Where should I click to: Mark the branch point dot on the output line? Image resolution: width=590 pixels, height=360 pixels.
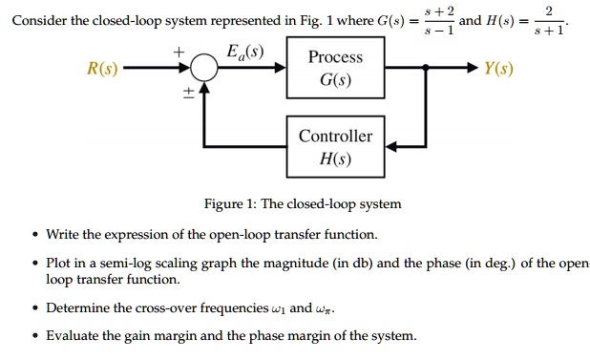[x=426, y=70]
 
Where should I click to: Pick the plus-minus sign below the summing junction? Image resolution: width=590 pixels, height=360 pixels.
[x=188, y=92]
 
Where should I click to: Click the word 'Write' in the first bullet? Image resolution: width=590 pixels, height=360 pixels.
[x=65, y=234]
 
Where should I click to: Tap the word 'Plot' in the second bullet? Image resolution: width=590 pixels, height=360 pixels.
[x=60, y=264]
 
